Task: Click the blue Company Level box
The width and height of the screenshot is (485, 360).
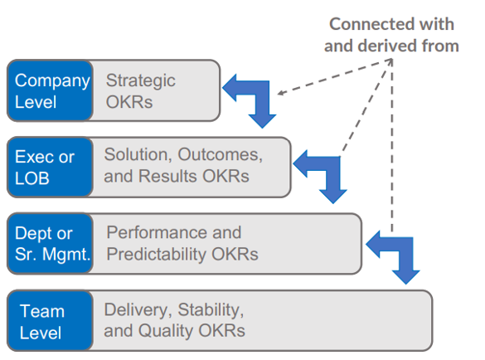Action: click(50, 90)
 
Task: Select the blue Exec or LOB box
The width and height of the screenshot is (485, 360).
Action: click(50, 168)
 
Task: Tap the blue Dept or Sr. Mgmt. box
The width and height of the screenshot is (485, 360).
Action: click(50, 244)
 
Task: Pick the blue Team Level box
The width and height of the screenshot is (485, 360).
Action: click(50, 320)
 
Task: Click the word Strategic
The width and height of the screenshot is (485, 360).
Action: click(141, 81)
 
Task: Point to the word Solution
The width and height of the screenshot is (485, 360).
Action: click(138, 154)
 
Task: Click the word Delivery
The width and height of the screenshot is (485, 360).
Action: click(138, 310)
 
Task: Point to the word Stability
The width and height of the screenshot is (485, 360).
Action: click(211, 310)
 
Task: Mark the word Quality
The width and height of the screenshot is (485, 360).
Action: click(166, 331)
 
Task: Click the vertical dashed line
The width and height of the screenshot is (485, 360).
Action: click(392, 145)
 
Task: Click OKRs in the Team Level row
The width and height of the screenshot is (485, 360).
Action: click(222, 331)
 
